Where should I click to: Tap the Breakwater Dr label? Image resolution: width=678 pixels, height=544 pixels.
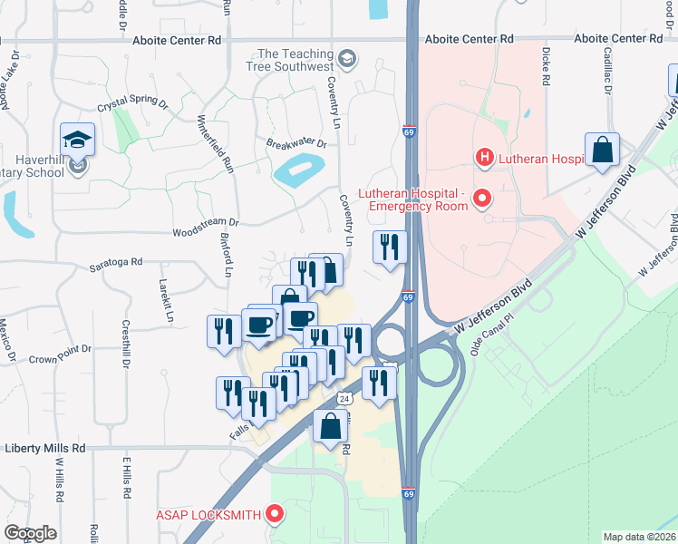pyautogui.click(x=295, y=142)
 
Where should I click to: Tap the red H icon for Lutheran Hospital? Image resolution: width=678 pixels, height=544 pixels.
pyautogui.click(x=485, y=158)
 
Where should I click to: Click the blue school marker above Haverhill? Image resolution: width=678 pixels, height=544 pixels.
pyautogui.click(x=78, y=141)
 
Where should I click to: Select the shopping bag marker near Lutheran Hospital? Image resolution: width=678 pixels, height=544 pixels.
pyautogui.click(x=603, y=150)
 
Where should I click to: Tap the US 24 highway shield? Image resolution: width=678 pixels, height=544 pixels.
pyautogui.click(x=344, y=398)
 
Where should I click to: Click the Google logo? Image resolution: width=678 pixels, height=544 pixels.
pyautogui.click(x=30, y=533)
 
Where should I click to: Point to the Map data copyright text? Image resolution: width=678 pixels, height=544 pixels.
pyautogui.click(x=640, y=537)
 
